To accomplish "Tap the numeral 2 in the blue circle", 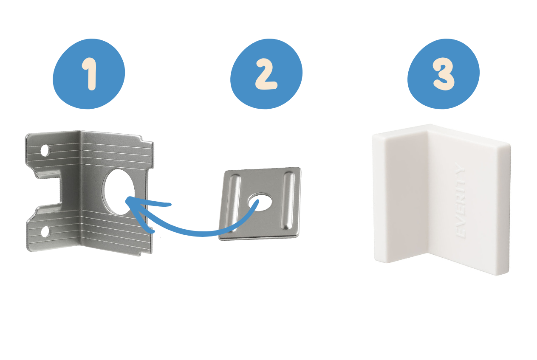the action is coord(266,74).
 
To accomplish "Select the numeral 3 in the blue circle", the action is coord(444,74).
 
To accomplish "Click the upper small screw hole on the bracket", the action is coord(45,150).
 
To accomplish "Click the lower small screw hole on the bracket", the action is coord(45,232).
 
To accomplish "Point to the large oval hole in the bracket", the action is coord(119,192).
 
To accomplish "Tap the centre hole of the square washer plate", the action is coord(260,202).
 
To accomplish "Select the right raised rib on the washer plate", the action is coord(288,201).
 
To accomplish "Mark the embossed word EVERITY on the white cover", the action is coord(461,200).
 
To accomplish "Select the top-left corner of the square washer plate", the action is coord(225,172).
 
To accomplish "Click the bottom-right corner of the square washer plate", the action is coord(297,236).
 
